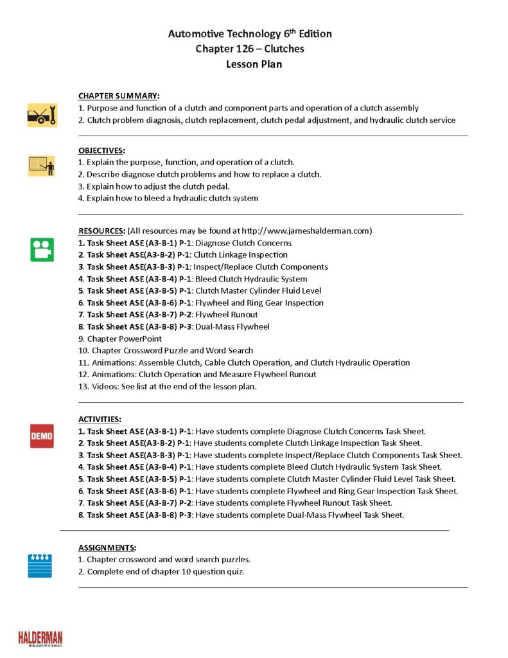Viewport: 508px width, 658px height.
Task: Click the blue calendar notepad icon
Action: (x=40, y=565)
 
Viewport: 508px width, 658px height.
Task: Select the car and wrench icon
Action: (x=42, y=115)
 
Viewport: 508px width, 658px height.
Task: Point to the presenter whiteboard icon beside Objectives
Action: (x=42, y=166)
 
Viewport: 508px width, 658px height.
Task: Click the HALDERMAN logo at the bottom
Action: (x=40, y=638)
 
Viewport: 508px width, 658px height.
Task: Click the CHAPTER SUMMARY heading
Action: (x=119, y=96)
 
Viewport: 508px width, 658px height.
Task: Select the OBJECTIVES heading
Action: (x=101, y=150)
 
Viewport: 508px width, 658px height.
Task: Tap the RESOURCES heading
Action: (x=101, y=231)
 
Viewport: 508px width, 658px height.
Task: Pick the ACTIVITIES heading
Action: (x=100, y=419)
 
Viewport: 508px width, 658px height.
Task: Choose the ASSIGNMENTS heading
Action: (x=107, y=547)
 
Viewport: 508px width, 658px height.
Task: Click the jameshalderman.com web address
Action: (x=306, y=231)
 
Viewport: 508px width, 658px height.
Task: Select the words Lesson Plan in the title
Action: (x=254, y=64)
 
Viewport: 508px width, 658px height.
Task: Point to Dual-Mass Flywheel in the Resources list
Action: (x=232, y=326)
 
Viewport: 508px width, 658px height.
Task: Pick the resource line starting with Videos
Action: (x=172, y=386)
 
